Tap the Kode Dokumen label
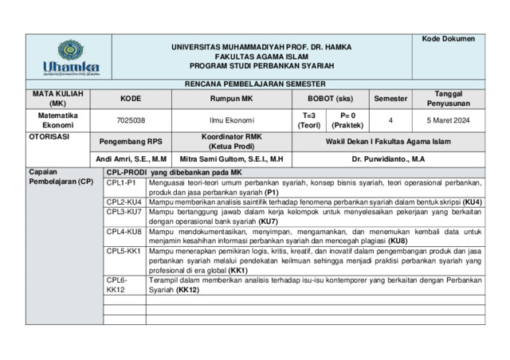(448, 39)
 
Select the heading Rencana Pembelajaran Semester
(255, 84)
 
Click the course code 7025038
(131, 120)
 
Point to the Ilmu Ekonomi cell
(231, 120)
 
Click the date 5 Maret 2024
(449, 120)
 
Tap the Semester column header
(390, 99)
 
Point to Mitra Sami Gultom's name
(231, 159)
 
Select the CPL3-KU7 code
(124, 213)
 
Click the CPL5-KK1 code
(124, 251)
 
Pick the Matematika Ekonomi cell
(58, 120)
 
